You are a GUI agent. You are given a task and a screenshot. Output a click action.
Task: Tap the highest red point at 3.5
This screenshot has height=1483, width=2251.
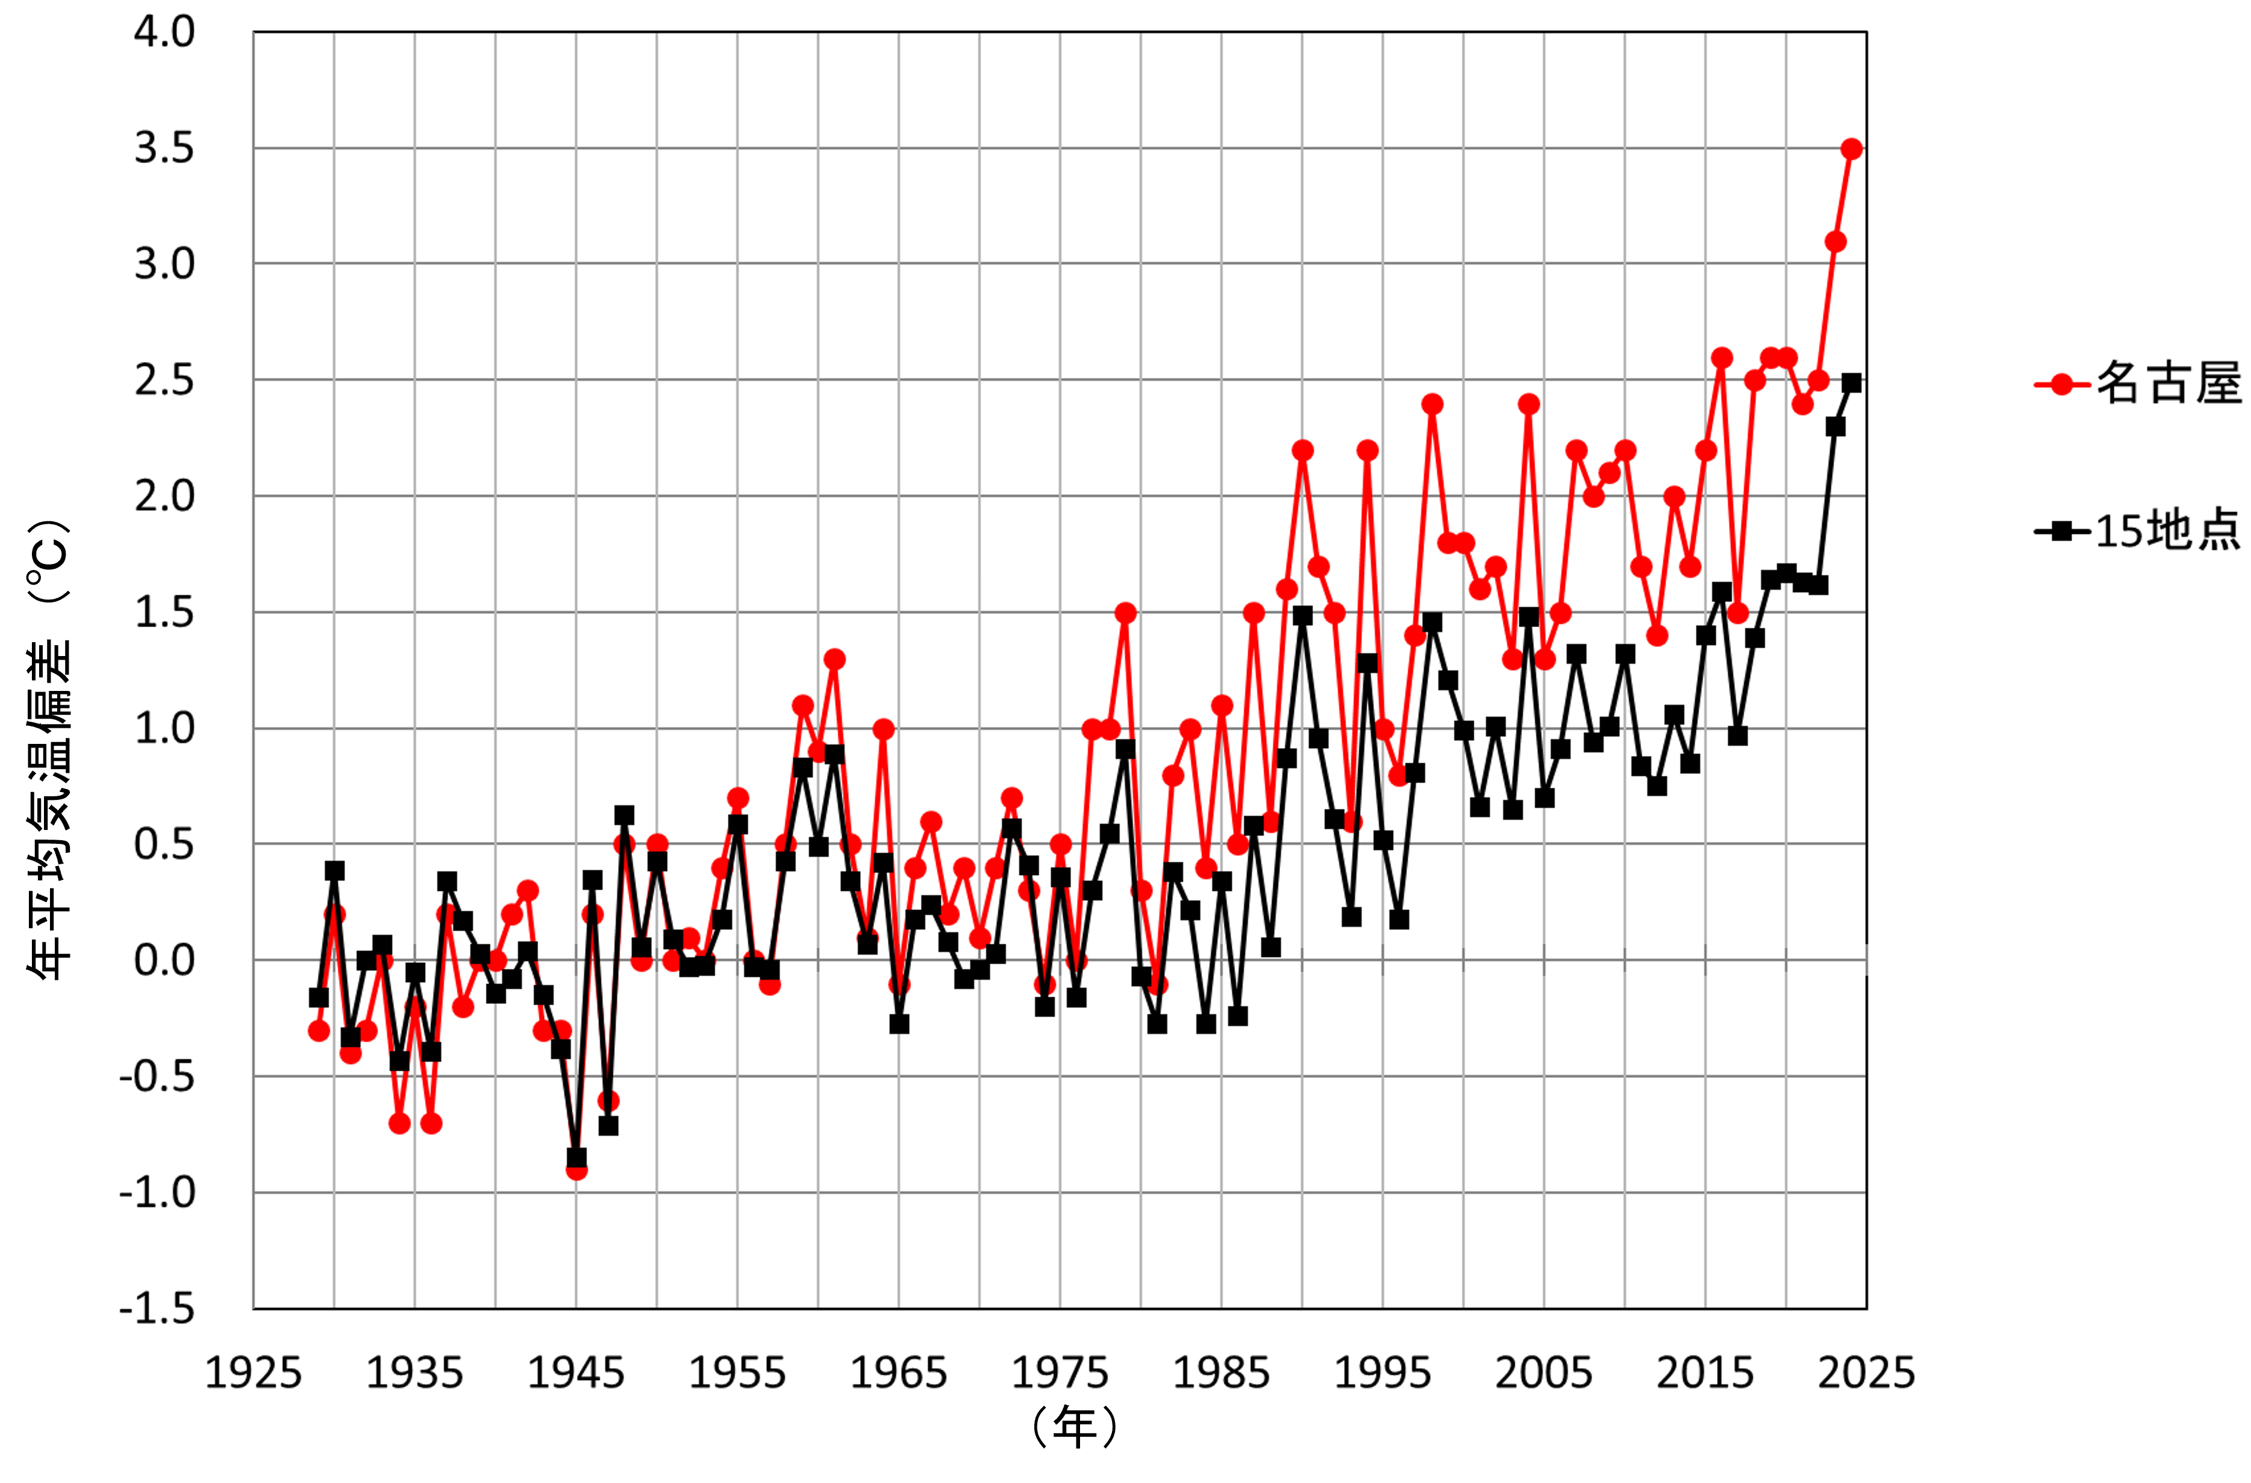(1851, 149)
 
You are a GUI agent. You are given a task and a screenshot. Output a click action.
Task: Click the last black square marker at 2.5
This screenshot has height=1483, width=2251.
(1851, 383)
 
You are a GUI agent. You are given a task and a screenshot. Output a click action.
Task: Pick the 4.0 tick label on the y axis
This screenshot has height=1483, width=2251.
(164, 32)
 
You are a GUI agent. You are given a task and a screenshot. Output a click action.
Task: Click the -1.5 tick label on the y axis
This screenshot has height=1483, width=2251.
(157, 1309)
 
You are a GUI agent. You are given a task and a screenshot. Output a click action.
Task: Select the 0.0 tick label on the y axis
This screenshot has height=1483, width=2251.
(164, 960)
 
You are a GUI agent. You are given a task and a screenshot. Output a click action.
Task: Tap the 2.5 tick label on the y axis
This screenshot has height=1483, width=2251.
(164, 380)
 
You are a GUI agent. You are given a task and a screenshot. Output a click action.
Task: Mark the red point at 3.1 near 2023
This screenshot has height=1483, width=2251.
(1836, 242)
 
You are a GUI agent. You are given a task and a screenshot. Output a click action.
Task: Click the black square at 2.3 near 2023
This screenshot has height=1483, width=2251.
(1836, 427)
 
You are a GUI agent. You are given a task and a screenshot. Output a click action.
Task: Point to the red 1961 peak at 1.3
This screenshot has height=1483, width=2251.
(834, 659)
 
